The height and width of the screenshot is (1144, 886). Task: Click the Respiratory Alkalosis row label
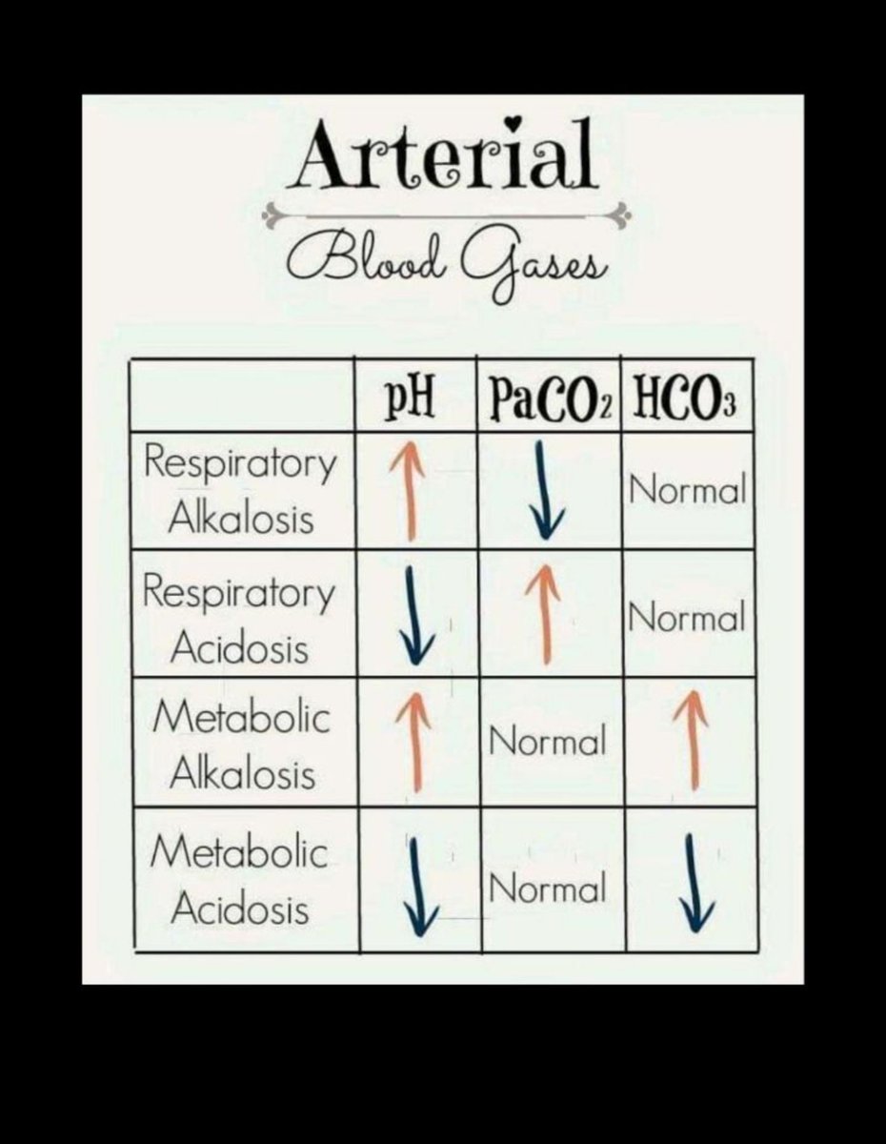241,491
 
